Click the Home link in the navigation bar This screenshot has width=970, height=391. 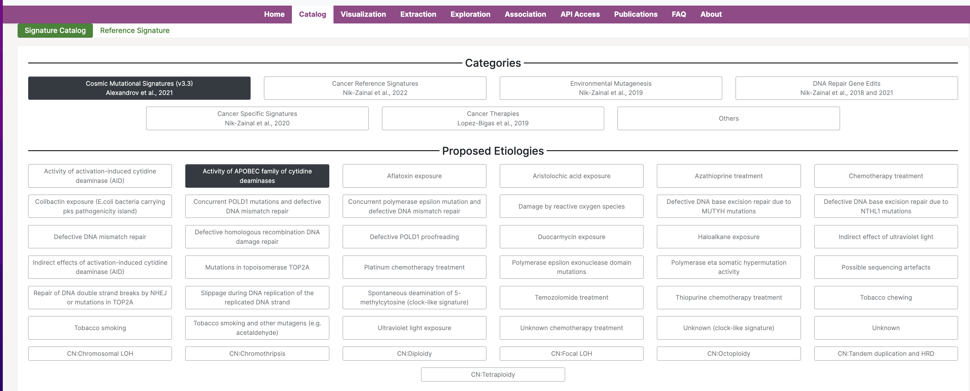point(274,14)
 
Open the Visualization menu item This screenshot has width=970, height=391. point(363,14)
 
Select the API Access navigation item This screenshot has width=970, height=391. point(580,14)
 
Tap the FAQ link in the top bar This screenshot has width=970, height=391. point(679,14)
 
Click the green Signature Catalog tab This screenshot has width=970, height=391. point(55,30)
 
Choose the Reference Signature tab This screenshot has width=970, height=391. point(135,30)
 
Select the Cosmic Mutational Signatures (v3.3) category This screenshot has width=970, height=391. point(139,88)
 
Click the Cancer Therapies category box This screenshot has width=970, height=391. point(493,118)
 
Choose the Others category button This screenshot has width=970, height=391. point(729,118)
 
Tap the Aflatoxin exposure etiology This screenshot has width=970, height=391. point(414,176)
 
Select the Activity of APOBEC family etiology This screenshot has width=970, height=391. point(257,176)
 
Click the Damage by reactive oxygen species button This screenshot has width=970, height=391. point(572,206)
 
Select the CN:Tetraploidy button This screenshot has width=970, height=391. point(493,375)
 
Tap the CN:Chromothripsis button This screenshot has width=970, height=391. point(257,354)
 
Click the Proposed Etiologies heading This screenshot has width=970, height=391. point(493,151)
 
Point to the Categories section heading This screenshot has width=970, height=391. point(493,63)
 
